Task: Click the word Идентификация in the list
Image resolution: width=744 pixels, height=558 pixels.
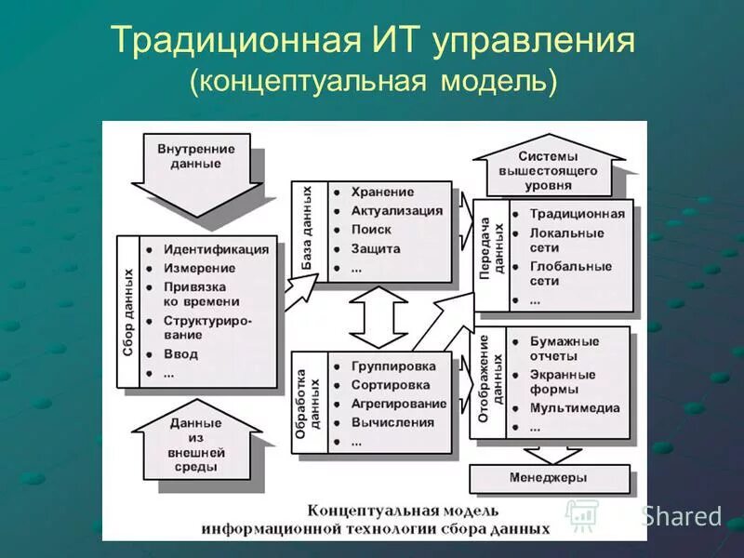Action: point(216,249)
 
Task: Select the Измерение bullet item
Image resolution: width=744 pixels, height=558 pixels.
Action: point(200,268)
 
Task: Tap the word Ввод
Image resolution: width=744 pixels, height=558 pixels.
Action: point(181,354)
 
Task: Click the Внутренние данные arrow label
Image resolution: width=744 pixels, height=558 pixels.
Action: point(196,155)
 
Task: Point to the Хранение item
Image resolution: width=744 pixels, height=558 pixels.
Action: point(382,192)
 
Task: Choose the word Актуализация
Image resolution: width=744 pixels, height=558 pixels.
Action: point(397,210)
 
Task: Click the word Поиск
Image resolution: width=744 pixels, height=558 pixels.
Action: point(371,230)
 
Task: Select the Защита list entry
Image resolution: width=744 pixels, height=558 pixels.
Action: point(376,249)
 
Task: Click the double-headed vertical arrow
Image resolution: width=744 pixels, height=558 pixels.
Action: point(378,317)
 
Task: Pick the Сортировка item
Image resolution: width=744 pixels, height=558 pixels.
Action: point(391,384)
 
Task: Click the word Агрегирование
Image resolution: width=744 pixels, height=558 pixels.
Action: point(398,404)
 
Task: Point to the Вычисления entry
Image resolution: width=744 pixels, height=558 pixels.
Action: point(392,422)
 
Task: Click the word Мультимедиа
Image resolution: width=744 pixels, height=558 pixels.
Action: point(575,407)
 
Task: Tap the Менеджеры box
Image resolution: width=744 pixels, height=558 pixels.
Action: point(549,477)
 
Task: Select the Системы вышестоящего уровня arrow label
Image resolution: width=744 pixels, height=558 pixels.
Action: point(548,170)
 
